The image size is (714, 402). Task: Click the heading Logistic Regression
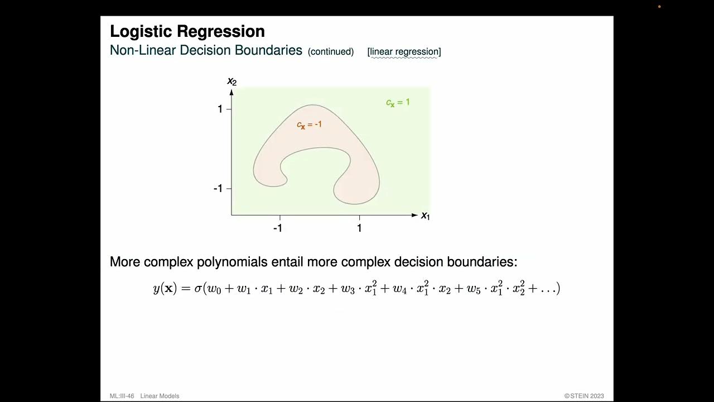(x=187, y=31)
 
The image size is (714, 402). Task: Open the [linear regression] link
(x=404, y=52)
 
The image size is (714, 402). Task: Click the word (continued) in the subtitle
(x=331, y=52)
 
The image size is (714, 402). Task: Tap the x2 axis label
(x=232, y=82)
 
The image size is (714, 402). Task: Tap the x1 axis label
(x=425, y=216)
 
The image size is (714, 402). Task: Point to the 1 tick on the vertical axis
(x=220, y=109)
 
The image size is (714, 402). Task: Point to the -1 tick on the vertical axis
(x=218, y=189)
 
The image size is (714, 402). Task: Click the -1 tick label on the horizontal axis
(x=277, y=228)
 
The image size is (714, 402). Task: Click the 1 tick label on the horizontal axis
(x=359, y=228)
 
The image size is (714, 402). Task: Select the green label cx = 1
(x=398, y=103)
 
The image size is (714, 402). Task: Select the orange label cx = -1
(x=309, y=125)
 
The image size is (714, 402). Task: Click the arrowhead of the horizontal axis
(x=414, y=215)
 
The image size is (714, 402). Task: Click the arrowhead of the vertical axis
(x=231, y=92)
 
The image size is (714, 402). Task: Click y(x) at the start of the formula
(x=165, y=289)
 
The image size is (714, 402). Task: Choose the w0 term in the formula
(x=214, y=289)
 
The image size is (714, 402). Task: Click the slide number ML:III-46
(x=122, y=396)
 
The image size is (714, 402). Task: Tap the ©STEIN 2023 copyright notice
(x=583, y=396)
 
